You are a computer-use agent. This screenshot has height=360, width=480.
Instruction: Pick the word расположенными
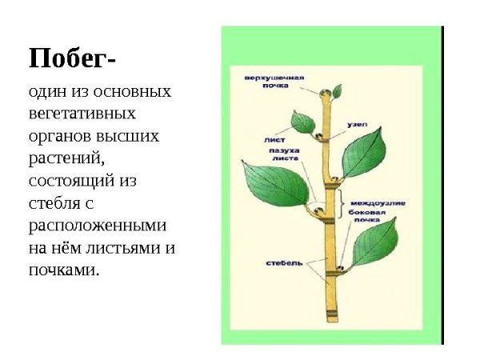[x=96, y=226]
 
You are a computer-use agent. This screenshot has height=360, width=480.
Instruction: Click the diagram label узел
[x=357, y=126]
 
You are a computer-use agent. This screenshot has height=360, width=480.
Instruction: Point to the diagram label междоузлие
[x=377, y=203]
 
